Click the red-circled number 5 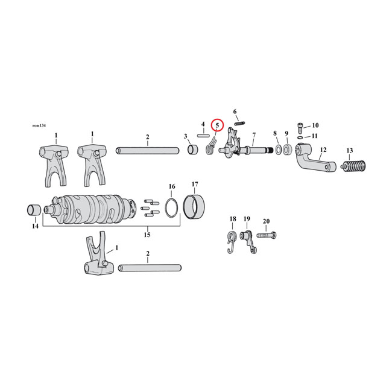coord(217,125)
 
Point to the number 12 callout coord(323,150)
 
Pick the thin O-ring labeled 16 coord(171,207)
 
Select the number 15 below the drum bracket coord(147,233)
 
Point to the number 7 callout coord(254,135)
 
